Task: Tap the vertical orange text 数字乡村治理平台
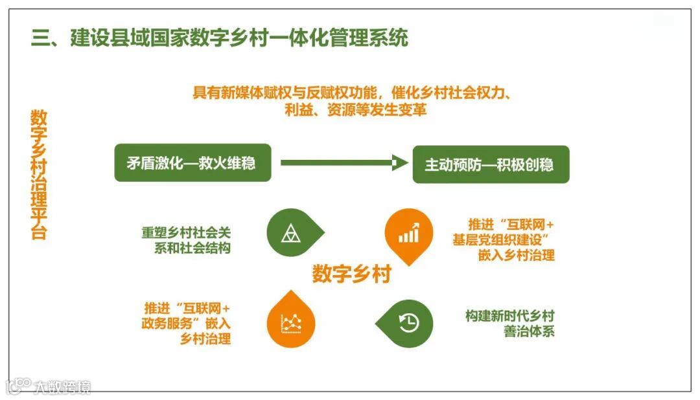pyautogui.click(x=39, y=175)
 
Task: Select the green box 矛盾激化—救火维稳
pyautogui.click(x=192, y=162)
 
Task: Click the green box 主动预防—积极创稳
pyautogui.click(x=490, y=164)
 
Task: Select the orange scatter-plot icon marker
pyautogui.click(x=290, y=322)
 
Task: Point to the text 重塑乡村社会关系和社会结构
pyautogui.click(x=186, y=239)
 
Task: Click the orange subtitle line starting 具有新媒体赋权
pyautogui.click(x=353, y=92)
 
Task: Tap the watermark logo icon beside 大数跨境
pyautogui.click(x=18, y=386)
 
